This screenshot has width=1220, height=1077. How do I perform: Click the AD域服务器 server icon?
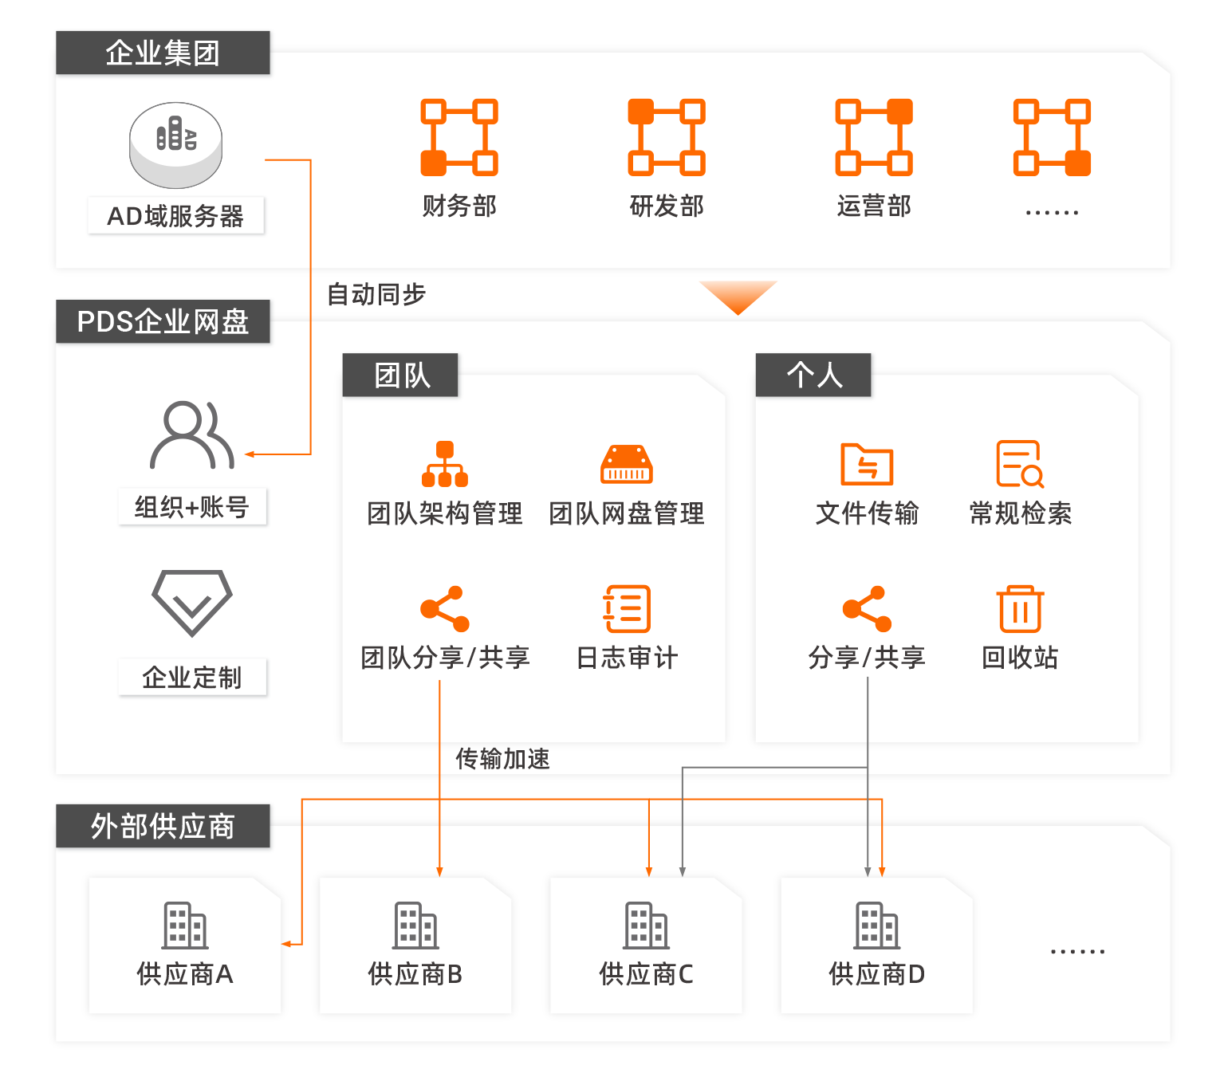click(176, 144)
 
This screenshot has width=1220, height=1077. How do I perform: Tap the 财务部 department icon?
click(459, 137)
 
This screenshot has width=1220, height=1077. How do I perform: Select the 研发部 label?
click(667, 206)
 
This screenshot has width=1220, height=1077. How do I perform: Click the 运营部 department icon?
click(874, 137)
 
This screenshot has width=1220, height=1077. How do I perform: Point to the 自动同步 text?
click(376, 294)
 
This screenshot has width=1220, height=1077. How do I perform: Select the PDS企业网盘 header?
click(163, 321)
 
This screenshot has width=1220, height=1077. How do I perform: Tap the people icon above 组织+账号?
click(191, 434)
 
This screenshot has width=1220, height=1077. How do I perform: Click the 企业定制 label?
click(192, 678)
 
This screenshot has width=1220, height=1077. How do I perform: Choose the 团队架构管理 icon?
click(445, 464)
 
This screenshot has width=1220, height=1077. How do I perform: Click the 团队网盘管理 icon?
click(626, 464)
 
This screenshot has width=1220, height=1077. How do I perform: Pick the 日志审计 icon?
click(627, 609)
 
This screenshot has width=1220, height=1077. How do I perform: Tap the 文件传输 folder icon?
click(867, 464)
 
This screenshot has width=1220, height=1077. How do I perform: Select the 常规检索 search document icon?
click(1020, 464)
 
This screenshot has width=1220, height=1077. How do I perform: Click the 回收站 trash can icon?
click(1020, 609)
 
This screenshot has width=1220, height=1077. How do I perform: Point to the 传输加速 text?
click(502, 758)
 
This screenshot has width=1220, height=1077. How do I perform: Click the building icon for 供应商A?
click(185, 925)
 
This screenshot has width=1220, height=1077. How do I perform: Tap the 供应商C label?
click(646, 973)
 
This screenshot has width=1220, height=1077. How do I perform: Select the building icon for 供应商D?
click(876, 925)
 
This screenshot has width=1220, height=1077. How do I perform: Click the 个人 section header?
click(813, 375)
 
